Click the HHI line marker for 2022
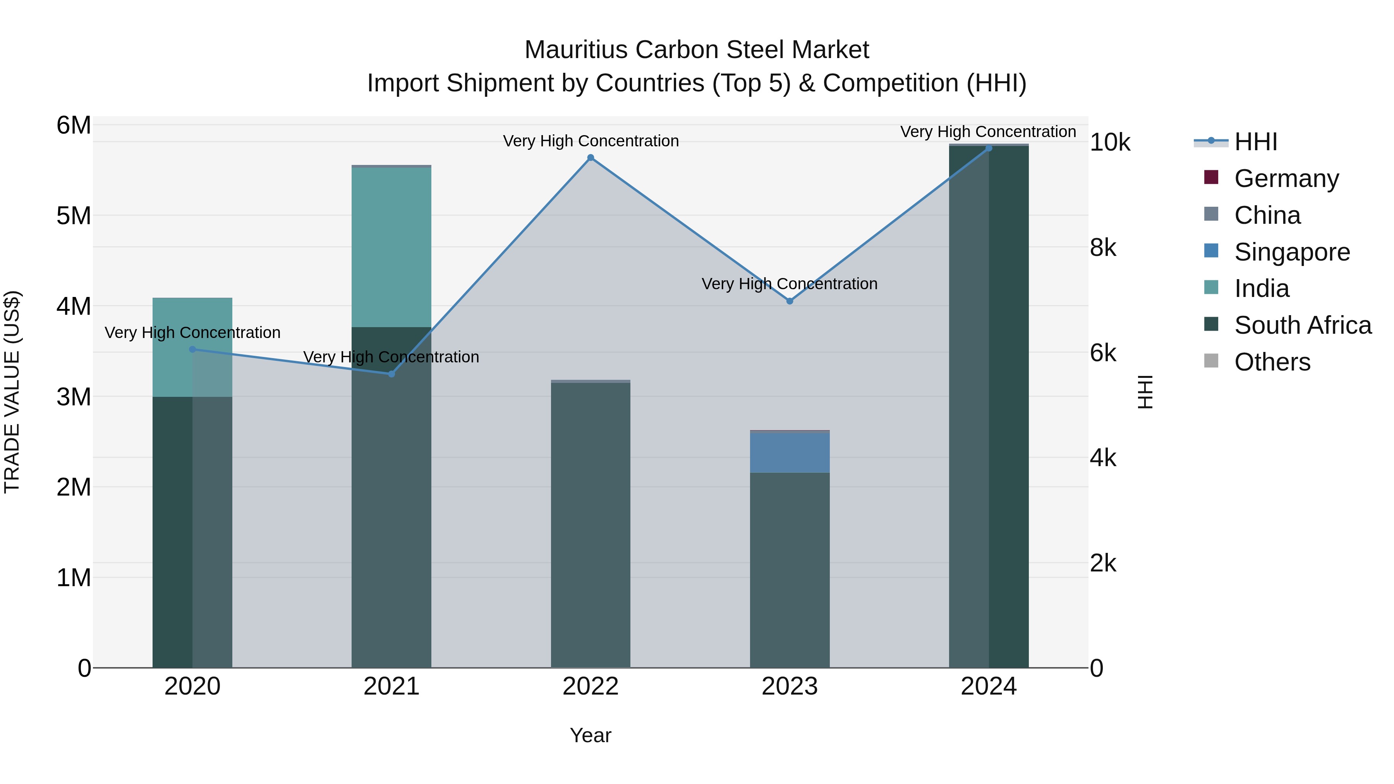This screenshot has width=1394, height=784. coord(591,158)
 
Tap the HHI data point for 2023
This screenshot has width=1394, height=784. coord(790,301)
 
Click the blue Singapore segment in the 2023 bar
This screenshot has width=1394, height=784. coord(790,452)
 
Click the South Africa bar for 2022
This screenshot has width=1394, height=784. coord(591,525)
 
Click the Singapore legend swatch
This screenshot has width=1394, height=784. coord(1211,251)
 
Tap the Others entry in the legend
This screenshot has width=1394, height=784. coord(1272,362)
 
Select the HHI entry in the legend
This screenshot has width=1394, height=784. coord(1255,142)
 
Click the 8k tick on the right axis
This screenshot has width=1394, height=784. coord(1103,248)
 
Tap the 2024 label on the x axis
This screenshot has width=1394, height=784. coord(988,686)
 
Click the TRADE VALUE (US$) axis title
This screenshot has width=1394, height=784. coord(12,392)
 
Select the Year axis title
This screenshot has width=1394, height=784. coord(591,735)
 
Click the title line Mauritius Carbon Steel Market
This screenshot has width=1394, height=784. coord(697,50)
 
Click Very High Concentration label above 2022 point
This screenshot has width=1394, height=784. coord(591,141)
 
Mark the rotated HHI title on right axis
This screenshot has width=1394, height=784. coord(1145,392)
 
